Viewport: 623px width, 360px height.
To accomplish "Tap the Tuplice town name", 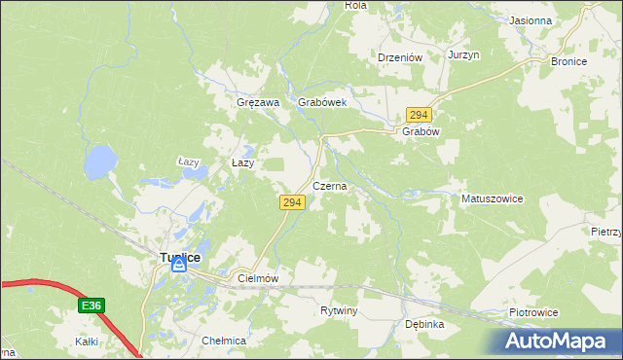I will tap(179, 257).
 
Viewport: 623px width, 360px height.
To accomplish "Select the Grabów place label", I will tap(421, 131).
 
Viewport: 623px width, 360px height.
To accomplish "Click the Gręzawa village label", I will tap(258, 102).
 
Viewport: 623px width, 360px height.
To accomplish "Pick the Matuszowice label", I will tap(492, 198).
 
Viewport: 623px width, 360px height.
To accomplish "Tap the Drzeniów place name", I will tap(399, 57).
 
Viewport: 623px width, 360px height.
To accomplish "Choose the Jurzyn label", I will tap(464, 55).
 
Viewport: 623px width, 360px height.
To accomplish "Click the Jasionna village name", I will tap(531, 19).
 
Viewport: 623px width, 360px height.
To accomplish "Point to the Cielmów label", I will tap(258, 278).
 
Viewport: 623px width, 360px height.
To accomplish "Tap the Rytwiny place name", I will tap(340, 311).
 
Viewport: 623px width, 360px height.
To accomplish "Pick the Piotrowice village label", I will tap(533, 312).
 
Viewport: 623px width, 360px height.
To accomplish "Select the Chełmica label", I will tap(224, 342).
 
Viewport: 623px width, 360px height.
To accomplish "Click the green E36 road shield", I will tap(92, 306).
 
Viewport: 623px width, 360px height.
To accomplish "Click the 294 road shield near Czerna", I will tap(293, 202).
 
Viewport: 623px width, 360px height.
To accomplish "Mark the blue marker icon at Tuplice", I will tap(178, 264).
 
